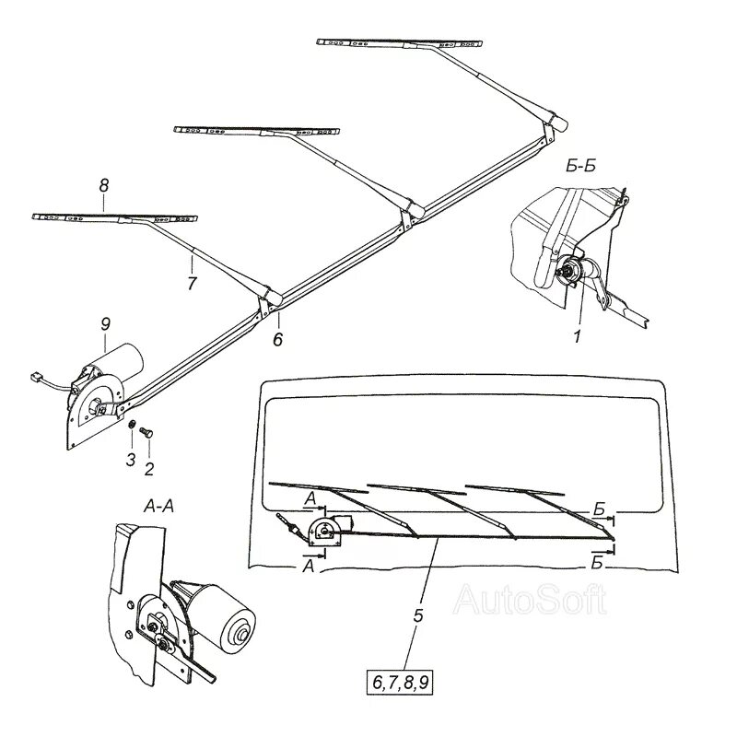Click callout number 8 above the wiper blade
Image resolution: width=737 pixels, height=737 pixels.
[103, 186]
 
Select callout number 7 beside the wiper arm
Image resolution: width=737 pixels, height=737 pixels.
[192, 284]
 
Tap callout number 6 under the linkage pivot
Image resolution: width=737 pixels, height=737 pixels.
[277, 339]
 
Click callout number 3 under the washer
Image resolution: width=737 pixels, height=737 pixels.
[130, 459]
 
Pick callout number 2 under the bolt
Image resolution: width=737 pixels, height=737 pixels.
[149, 468]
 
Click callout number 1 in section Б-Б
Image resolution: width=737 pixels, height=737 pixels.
[577, 338]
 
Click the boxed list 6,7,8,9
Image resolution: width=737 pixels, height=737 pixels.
[404, 683]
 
